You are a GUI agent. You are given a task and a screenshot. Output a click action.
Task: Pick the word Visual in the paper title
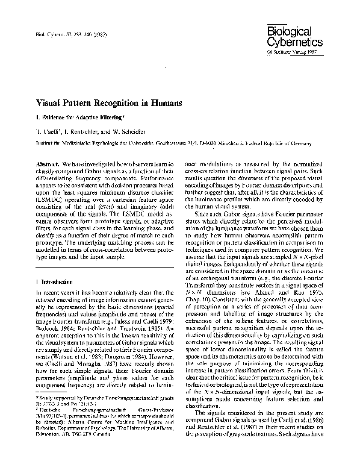point(52,103)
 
